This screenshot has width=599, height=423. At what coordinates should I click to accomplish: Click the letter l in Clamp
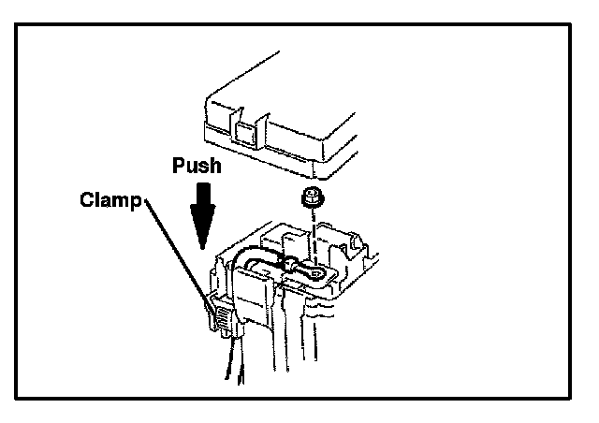click(95, 199)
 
